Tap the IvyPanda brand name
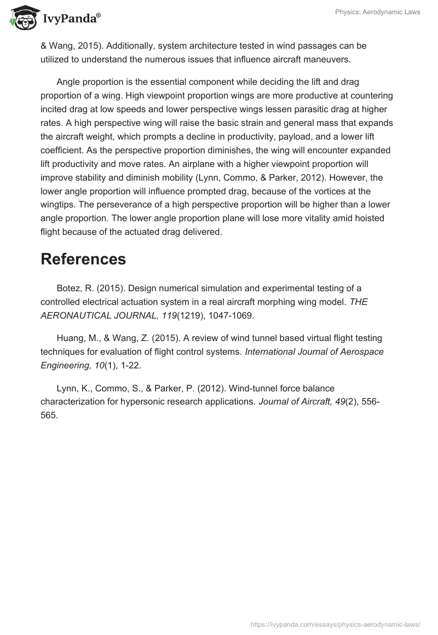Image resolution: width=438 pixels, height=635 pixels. (71, 19)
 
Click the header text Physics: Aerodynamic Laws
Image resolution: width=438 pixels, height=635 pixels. (377, 12)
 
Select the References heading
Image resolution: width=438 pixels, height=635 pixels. (83, 259)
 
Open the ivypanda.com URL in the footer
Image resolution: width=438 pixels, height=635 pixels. (335, 624)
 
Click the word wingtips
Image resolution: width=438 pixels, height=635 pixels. (59, 205)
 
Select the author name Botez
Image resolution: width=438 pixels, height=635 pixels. (69, 288)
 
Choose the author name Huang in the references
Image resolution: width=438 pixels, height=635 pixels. (71, 338)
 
